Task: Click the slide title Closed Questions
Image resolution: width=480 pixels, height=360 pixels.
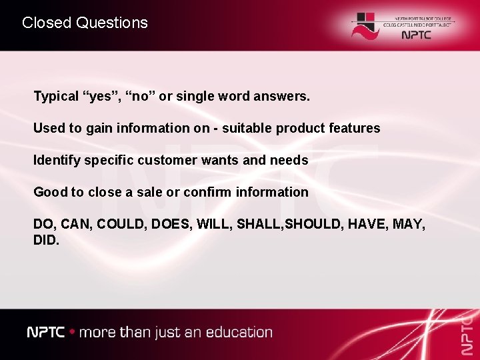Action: coord(85,23)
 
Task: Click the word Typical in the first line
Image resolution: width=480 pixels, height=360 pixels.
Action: coord(56,97)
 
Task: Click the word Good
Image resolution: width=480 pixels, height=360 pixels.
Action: coord(50,192)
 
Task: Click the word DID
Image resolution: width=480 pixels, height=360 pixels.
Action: coord(46,239)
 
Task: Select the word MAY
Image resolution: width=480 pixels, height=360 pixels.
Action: coord(409,224)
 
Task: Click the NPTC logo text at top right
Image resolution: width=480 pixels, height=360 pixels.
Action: coord(417,35)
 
